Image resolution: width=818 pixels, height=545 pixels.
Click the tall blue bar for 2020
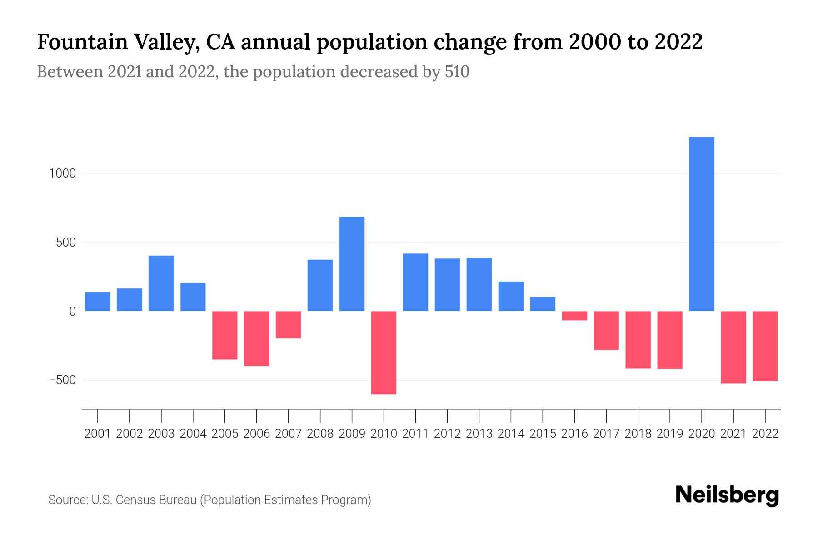[x=701, y=224]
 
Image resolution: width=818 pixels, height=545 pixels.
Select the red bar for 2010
[x=384, y=352]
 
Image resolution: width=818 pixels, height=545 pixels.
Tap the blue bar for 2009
[x=352, y=264]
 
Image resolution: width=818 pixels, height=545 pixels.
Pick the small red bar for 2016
[x=574, y=316]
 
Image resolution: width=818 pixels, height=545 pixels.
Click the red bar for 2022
[x=765, y=346]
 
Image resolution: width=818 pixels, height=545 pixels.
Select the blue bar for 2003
[x=161, y=283]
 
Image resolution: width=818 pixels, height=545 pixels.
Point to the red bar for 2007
[x=288, y=325]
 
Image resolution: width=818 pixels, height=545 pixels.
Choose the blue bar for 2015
[x=543, y=304]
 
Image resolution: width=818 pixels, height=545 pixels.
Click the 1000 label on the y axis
[x=62, y=173]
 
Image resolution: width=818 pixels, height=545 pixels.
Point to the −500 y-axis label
[x=62, y=380]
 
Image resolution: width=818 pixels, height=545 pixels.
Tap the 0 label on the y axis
[x=72, y=312]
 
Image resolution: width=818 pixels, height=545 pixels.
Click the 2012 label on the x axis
[x=447, y=434]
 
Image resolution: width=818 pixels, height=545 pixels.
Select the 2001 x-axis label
[x=98, y=434]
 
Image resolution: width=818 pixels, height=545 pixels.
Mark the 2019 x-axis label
[x=669, y=434]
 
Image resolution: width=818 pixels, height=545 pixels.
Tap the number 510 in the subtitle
[x=457, y=72]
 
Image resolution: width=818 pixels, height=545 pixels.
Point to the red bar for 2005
[x=225, y=335]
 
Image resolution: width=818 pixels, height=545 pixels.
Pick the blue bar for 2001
[x=98, y=302]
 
